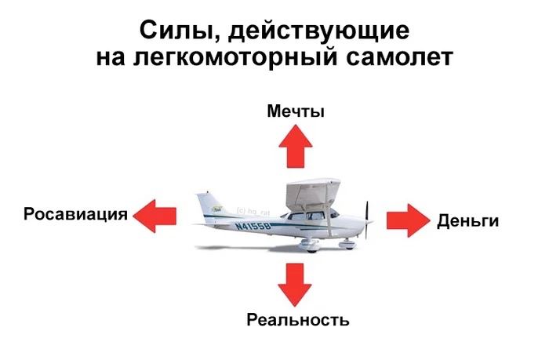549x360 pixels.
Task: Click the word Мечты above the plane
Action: coord(296,111)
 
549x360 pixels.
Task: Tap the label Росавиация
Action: coord(75,214)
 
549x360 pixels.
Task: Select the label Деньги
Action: coord(467,220)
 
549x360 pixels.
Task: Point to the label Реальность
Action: coord(297,320)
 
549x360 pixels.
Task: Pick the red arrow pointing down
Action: coord(296,285)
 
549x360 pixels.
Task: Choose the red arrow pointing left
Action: coord(155,213)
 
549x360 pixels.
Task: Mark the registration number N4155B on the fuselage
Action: coord(253,226)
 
